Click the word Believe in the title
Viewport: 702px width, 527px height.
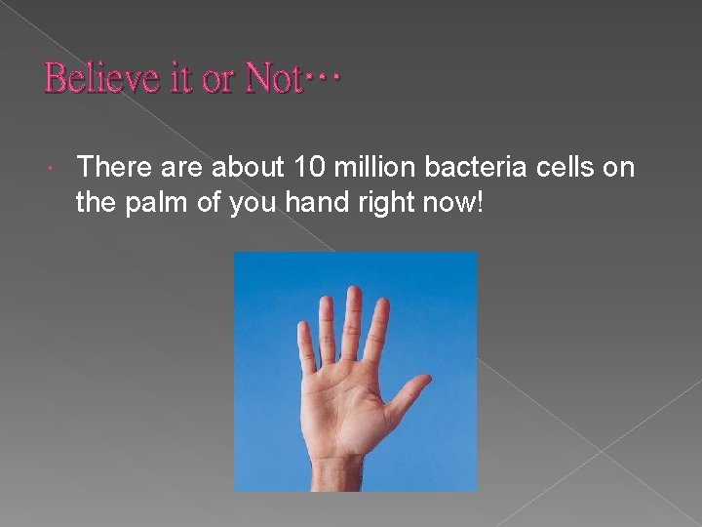(102, 77)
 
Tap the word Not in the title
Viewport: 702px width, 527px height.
(272, 77)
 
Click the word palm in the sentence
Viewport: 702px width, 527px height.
(161, 201)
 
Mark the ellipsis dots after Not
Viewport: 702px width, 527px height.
(322, 78)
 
